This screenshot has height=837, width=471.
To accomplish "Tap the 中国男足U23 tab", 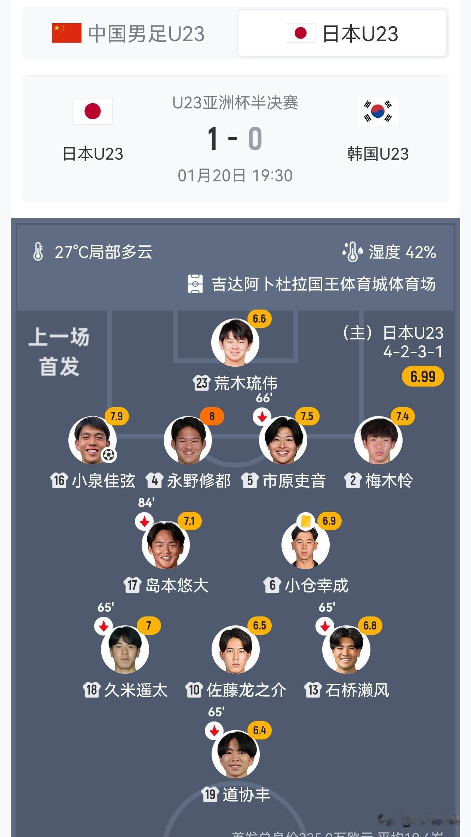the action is coord(129,33).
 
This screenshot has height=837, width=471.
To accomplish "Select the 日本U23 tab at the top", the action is coord(342,33).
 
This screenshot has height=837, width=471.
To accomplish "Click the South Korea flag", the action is coord(378,111).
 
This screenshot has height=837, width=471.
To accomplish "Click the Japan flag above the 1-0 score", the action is coord(93,111).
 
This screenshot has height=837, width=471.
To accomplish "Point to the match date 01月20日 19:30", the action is coord(235,176).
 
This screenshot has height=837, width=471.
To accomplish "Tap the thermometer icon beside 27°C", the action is coord(38,252).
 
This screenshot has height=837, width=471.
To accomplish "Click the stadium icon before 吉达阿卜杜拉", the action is coord(195,284).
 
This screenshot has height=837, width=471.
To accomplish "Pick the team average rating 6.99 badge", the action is coord(422,376).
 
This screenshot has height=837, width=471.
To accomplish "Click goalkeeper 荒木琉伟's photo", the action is coord(235,342).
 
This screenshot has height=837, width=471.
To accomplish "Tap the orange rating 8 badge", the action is coord(212,416).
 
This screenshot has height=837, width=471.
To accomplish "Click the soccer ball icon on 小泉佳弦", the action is coord(109,455).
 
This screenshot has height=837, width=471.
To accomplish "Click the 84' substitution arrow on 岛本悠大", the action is coord(144,521).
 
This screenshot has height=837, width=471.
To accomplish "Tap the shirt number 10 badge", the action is coord(194,690).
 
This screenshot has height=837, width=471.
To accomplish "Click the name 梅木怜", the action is coord(389,481).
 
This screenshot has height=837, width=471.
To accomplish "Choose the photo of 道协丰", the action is coord(235,754).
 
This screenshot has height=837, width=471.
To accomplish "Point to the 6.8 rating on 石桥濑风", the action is coord(370,625).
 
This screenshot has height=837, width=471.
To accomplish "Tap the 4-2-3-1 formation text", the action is coord(413,351).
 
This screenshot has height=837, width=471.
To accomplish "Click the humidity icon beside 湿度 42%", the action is coord(352,252).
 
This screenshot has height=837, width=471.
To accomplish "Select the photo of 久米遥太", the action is coord(125,649).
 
